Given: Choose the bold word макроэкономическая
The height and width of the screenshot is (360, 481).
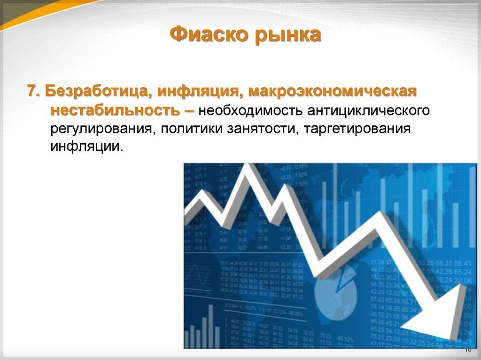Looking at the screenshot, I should pyautogui.click(x=333, y=91).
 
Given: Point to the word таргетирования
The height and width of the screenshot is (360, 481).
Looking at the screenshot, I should pyautogui.click(x=357, y=129).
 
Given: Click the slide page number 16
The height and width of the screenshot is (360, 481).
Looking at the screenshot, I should pyautogui.click(x=467, y=350).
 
